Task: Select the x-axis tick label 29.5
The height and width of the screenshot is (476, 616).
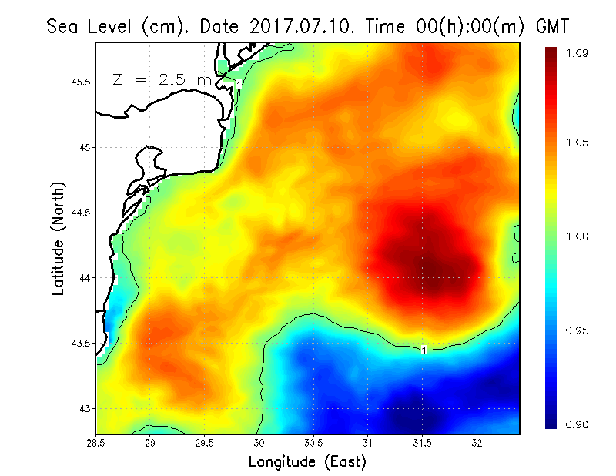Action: [205, 442]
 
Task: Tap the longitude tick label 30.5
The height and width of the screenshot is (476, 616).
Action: [313, 442]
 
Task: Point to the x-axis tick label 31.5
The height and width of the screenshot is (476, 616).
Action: [422, 442]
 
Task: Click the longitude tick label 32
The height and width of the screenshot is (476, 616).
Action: [477, 442]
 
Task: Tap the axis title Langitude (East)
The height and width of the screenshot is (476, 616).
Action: [307, 462]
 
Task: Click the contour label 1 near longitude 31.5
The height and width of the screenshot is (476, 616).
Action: [423, 350]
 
